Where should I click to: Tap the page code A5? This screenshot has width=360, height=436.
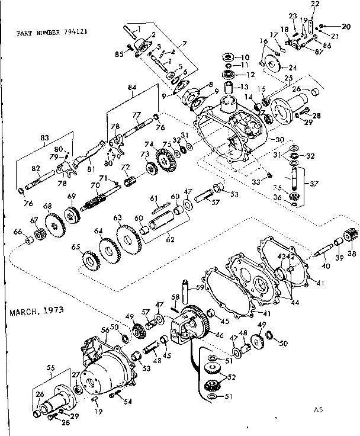coord(320,409)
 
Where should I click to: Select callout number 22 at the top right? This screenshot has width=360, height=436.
coord(314,5)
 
